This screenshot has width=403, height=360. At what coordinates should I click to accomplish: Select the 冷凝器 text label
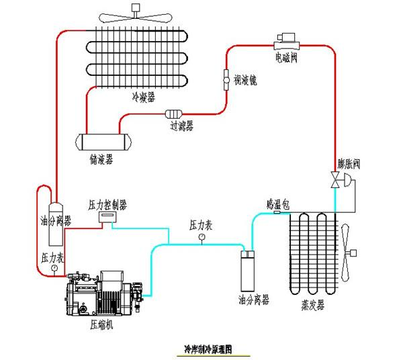pos(144,97)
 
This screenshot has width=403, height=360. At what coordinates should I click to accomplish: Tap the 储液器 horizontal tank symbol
pos(103,141)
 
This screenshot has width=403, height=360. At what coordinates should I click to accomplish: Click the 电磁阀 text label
pos(286,57)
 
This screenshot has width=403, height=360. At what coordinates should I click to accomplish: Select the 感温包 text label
pos(277,203)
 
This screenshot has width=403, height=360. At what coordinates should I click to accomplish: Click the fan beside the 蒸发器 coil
pos(351,253)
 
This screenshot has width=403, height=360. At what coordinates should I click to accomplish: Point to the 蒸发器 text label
pos(312,305)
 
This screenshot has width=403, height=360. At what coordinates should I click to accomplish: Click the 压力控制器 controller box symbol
pos(107,217)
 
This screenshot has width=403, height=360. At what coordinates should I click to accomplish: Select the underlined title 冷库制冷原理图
pos(208,349)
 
